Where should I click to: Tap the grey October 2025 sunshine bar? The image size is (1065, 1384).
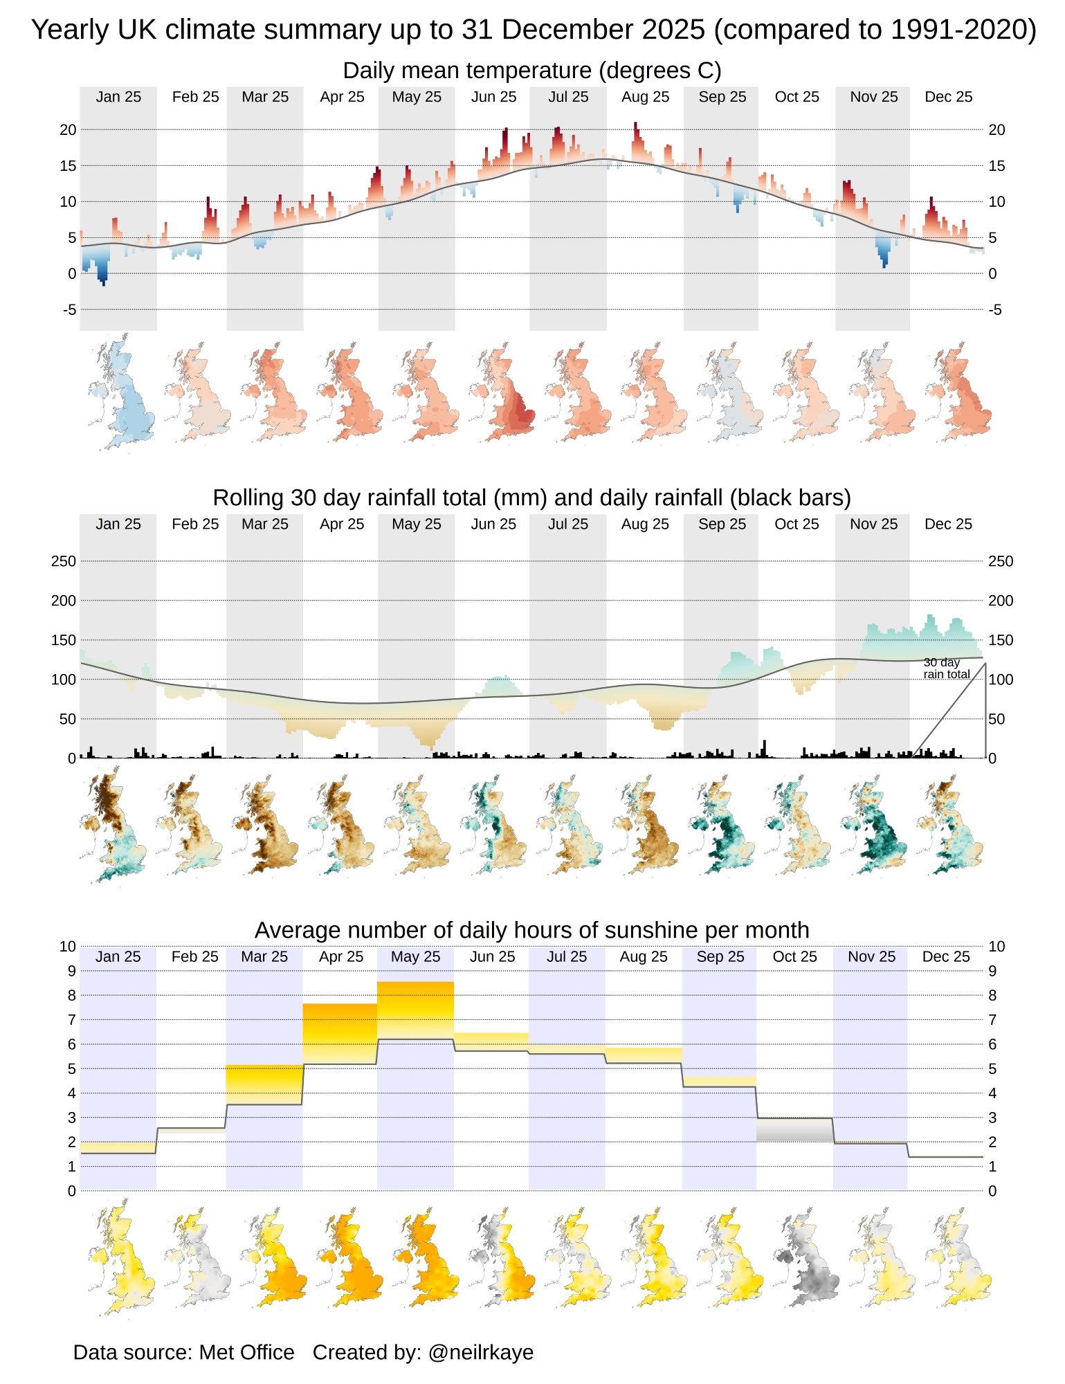[x=794, y=1130]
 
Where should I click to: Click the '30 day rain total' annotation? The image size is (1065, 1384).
[x=946, y=668]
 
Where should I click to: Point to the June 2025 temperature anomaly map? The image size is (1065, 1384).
[x=502, y=392]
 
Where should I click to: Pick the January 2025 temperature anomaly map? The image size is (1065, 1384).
[x=121, y=392]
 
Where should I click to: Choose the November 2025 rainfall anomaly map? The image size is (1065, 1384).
[x=873, y=827]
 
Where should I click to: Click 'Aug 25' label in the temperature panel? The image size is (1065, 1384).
[x=645, y=97]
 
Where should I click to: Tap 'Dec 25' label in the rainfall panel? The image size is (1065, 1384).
[x=948, y=524]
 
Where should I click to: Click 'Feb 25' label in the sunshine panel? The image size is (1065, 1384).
[x=194, y=956]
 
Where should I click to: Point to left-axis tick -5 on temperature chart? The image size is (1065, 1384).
[x=69, y=309]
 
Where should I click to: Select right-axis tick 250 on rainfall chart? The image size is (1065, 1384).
[x=1001, y=561]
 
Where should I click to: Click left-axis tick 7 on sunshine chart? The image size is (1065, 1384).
[x=71, y=1019]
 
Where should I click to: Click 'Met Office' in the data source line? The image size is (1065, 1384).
[x=246, y=1352]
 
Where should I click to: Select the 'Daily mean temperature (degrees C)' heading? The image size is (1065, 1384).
[x=531, y=71]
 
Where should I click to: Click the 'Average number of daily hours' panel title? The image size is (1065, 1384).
[x=531, y=930]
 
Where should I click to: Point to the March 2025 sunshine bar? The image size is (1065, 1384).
[x=264, y=1084]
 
